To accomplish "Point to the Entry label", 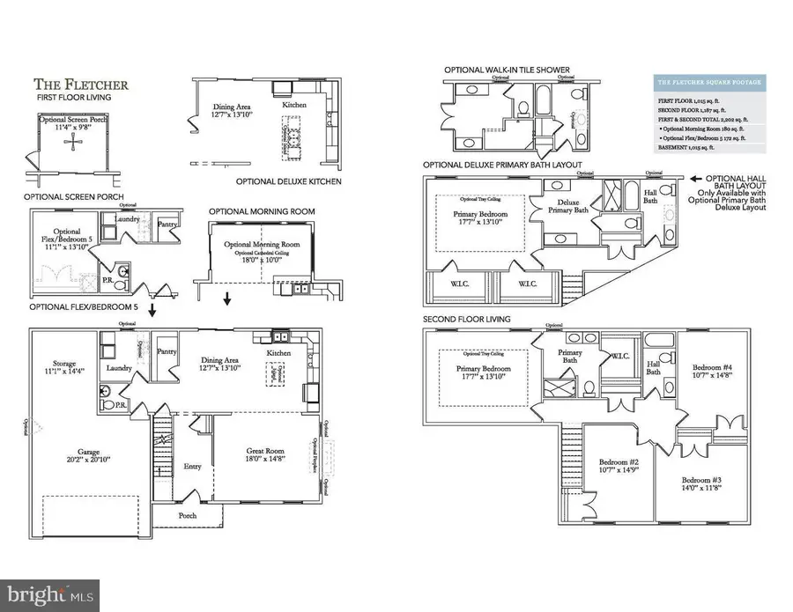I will coord(193,467).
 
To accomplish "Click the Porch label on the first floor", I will coord(188,516).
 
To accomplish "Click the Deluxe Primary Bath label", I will coord(566,208).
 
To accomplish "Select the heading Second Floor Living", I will coord(467,318).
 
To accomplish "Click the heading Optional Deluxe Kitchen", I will coord(290,182).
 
